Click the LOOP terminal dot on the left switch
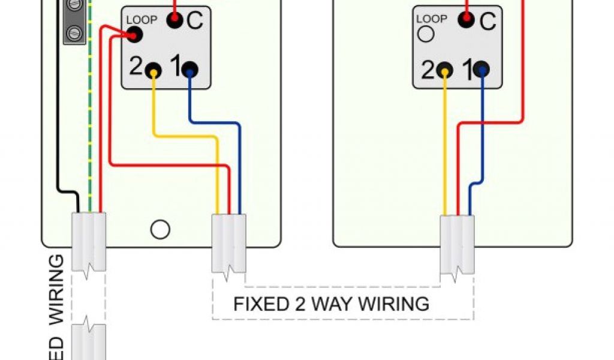click(x=134, y=35)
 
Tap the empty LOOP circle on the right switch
click(x=426, y=34)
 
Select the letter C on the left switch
click(x=194, y=21)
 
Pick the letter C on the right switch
click(x=487, y=22)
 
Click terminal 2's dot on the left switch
click(x=154, y=70)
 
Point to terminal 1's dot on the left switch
click(x=189, y=70)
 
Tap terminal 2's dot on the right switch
click(x=445, y=70)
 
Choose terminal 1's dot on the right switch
click(x=481, y=70)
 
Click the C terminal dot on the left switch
click(x=174, y=20)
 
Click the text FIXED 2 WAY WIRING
click(x=331, y=304)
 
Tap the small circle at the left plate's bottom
click(x=160, y=229)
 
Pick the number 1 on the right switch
click(x=468, y=70)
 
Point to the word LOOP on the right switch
click(x=431, y=19)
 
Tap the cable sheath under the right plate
click(x=457, y=244)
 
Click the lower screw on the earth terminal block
click(x=74, y=31)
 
